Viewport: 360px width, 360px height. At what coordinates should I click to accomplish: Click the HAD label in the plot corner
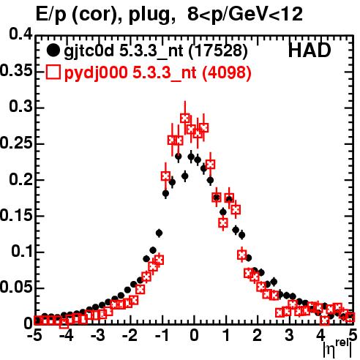(310, 50)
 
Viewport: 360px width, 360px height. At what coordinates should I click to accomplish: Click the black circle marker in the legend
(53, 50)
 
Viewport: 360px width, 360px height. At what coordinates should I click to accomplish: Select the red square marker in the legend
(53, 72)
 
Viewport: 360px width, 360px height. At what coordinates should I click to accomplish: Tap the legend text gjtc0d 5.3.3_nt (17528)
(156, 51)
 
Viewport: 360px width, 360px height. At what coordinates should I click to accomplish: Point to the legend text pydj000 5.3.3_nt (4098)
(157, 73)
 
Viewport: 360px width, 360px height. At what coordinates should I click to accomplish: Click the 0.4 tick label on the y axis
(21, 34)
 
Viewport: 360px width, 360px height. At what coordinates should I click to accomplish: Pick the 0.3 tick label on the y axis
(21, 106)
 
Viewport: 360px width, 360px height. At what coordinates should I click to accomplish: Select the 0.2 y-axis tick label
(21, 179)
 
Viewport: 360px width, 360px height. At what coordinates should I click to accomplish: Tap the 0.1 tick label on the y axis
(22, 252)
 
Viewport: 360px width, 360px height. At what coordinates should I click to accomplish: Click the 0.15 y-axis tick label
(16, 215)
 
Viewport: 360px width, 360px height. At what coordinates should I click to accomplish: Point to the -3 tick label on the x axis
(98, 335)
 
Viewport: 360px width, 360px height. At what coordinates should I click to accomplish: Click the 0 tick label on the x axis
(194, 335)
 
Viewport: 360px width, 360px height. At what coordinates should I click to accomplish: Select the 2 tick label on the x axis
(258, 335)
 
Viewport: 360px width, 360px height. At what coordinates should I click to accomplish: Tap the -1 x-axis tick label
(162, 335)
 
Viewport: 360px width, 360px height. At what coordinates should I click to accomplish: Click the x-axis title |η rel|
(337, 350)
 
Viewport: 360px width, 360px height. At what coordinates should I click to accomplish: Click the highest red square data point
(185, 118)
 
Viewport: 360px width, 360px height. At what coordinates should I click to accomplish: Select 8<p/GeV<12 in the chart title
(245, 14)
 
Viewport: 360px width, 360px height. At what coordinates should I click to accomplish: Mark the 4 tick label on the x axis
(320, 335)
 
